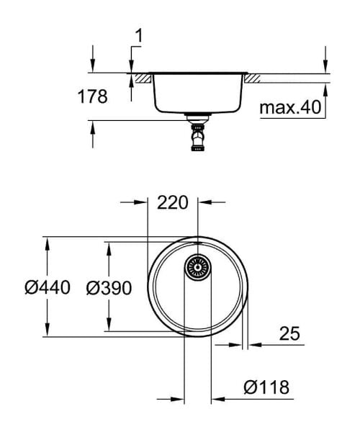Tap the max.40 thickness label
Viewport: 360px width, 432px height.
click(290, 108)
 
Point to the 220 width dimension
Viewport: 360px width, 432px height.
click(173, 202)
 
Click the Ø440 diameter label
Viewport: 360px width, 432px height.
click(47, 288)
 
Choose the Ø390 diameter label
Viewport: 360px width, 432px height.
click(109, 288)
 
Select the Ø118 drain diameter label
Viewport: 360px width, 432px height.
click(266, 388)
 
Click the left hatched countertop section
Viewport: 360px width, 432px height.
click(141, 76)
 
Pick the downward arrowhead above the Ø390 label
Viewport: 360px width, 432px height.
click(109, 248)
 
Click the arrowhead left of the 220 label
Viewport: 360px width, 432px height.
click(142, 203)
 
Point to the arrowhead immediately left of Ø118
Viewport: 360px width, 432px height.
click(217, 398)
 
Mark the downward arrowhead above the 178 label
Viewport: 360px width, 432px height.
click(93, 67)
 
